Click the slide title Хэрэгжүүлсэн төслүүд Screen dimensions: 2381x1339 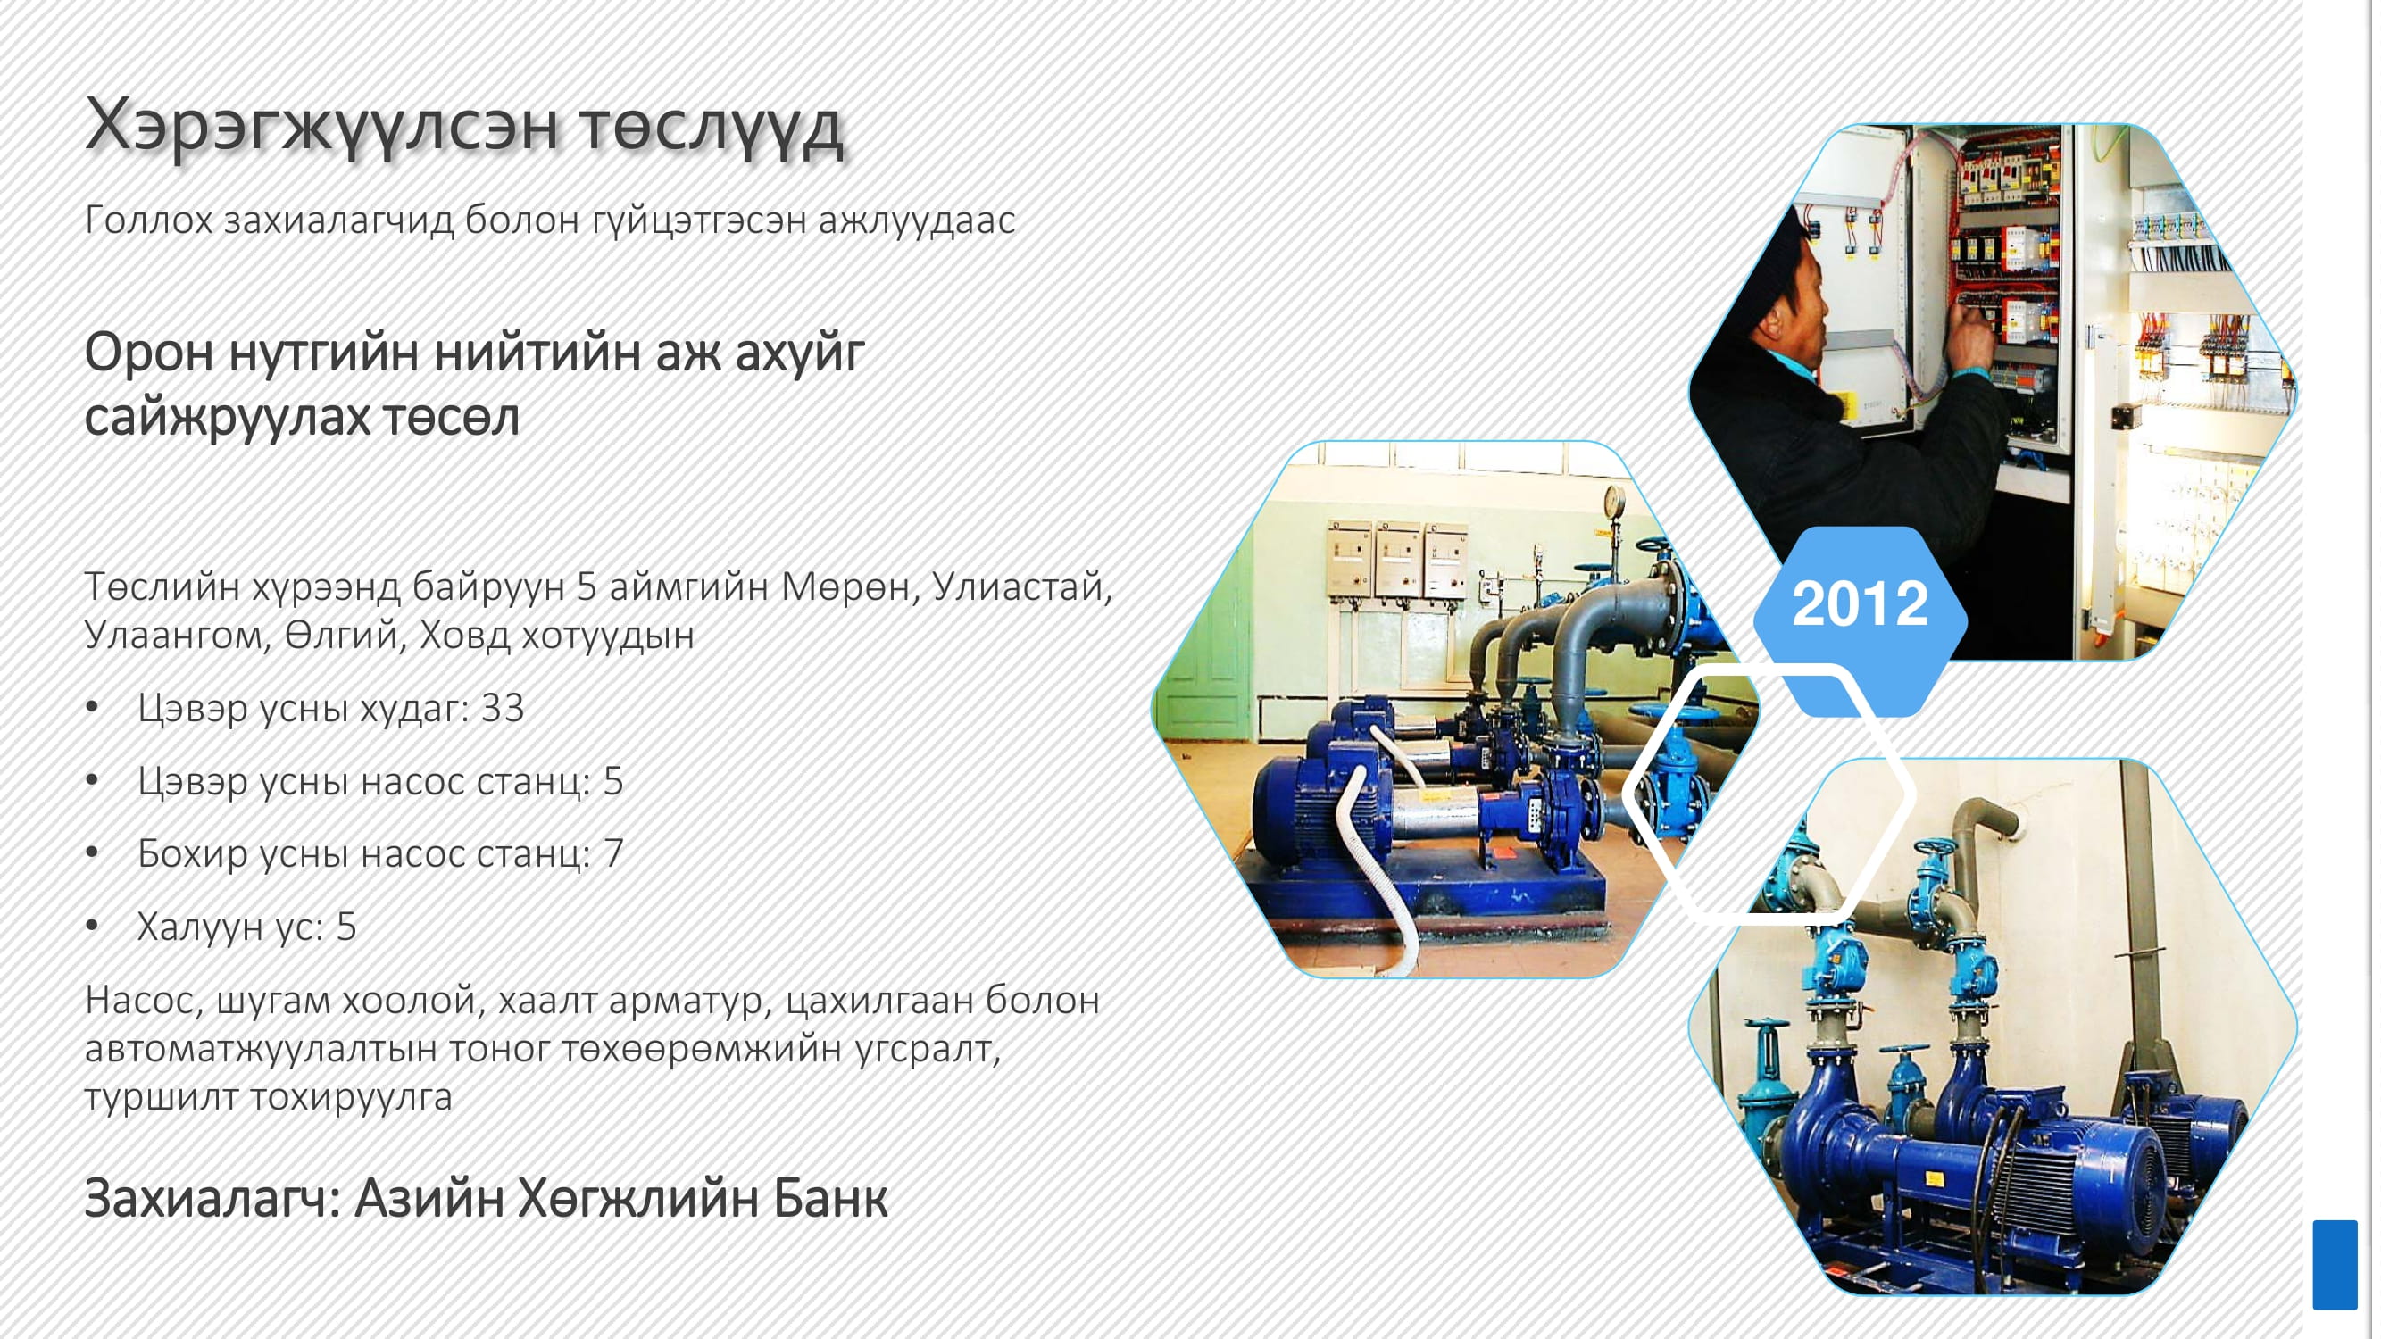click(x=464, y=127)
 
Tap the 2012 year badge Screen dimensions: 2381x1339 click(x=1860, y=604)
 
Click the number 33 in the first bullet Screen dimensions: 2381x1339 click(x=503, y=709)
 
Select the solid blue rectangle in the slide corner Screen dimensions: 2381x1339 click(x=2335, y=1264)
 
